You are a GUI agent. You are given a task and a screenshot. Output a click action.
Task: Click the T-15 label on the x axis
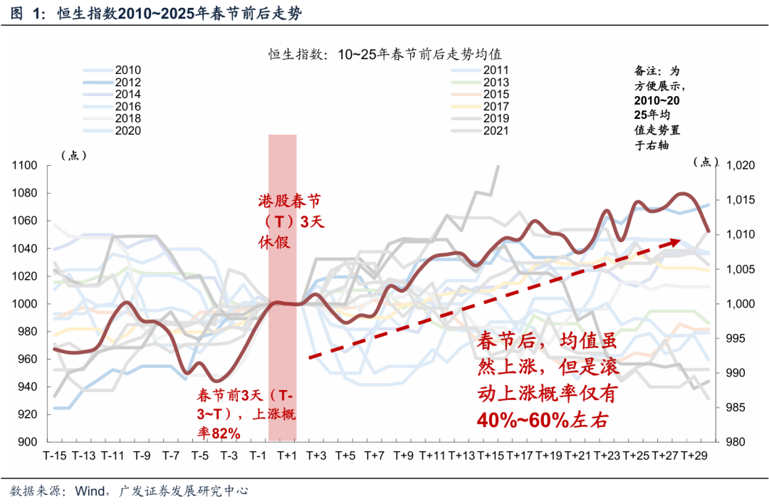point(56,455)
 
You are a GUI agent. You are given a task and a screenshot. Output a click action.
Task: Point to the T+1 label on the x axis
point(287,455)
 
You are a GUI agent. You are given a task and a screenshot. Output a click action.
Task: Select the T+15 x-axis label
point(491,455)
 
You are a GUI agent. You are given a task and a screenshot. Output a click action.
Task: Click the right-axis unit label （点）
point(706,161)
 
